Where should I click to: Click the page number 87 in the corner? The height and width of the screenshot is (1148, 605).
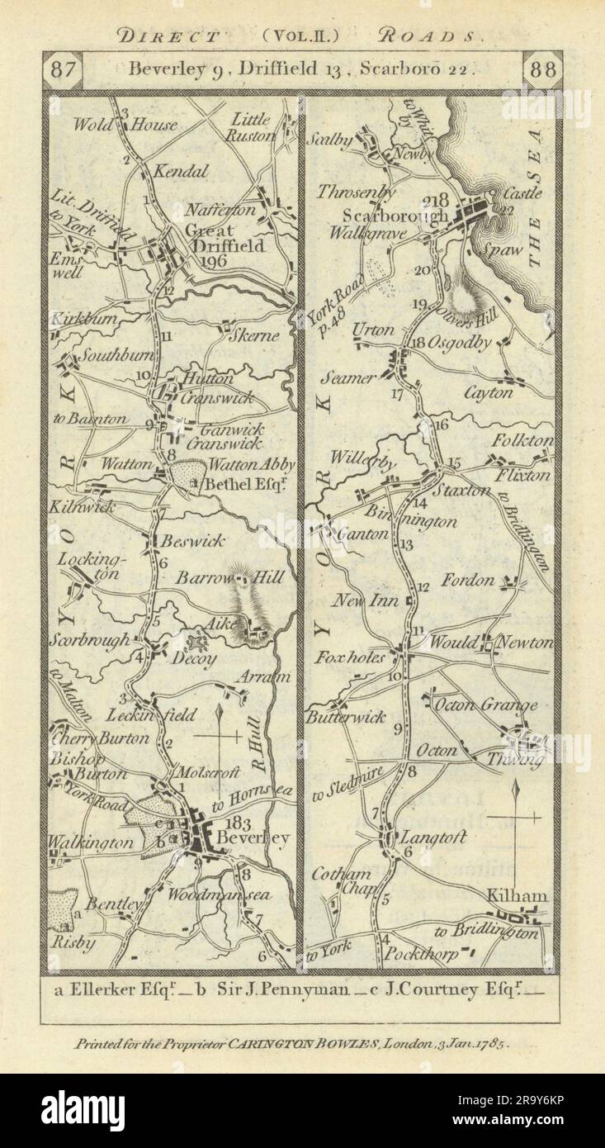click(62, 70)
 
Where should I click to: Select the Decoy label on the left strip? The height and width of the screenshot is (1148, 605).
click(196, 659)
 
